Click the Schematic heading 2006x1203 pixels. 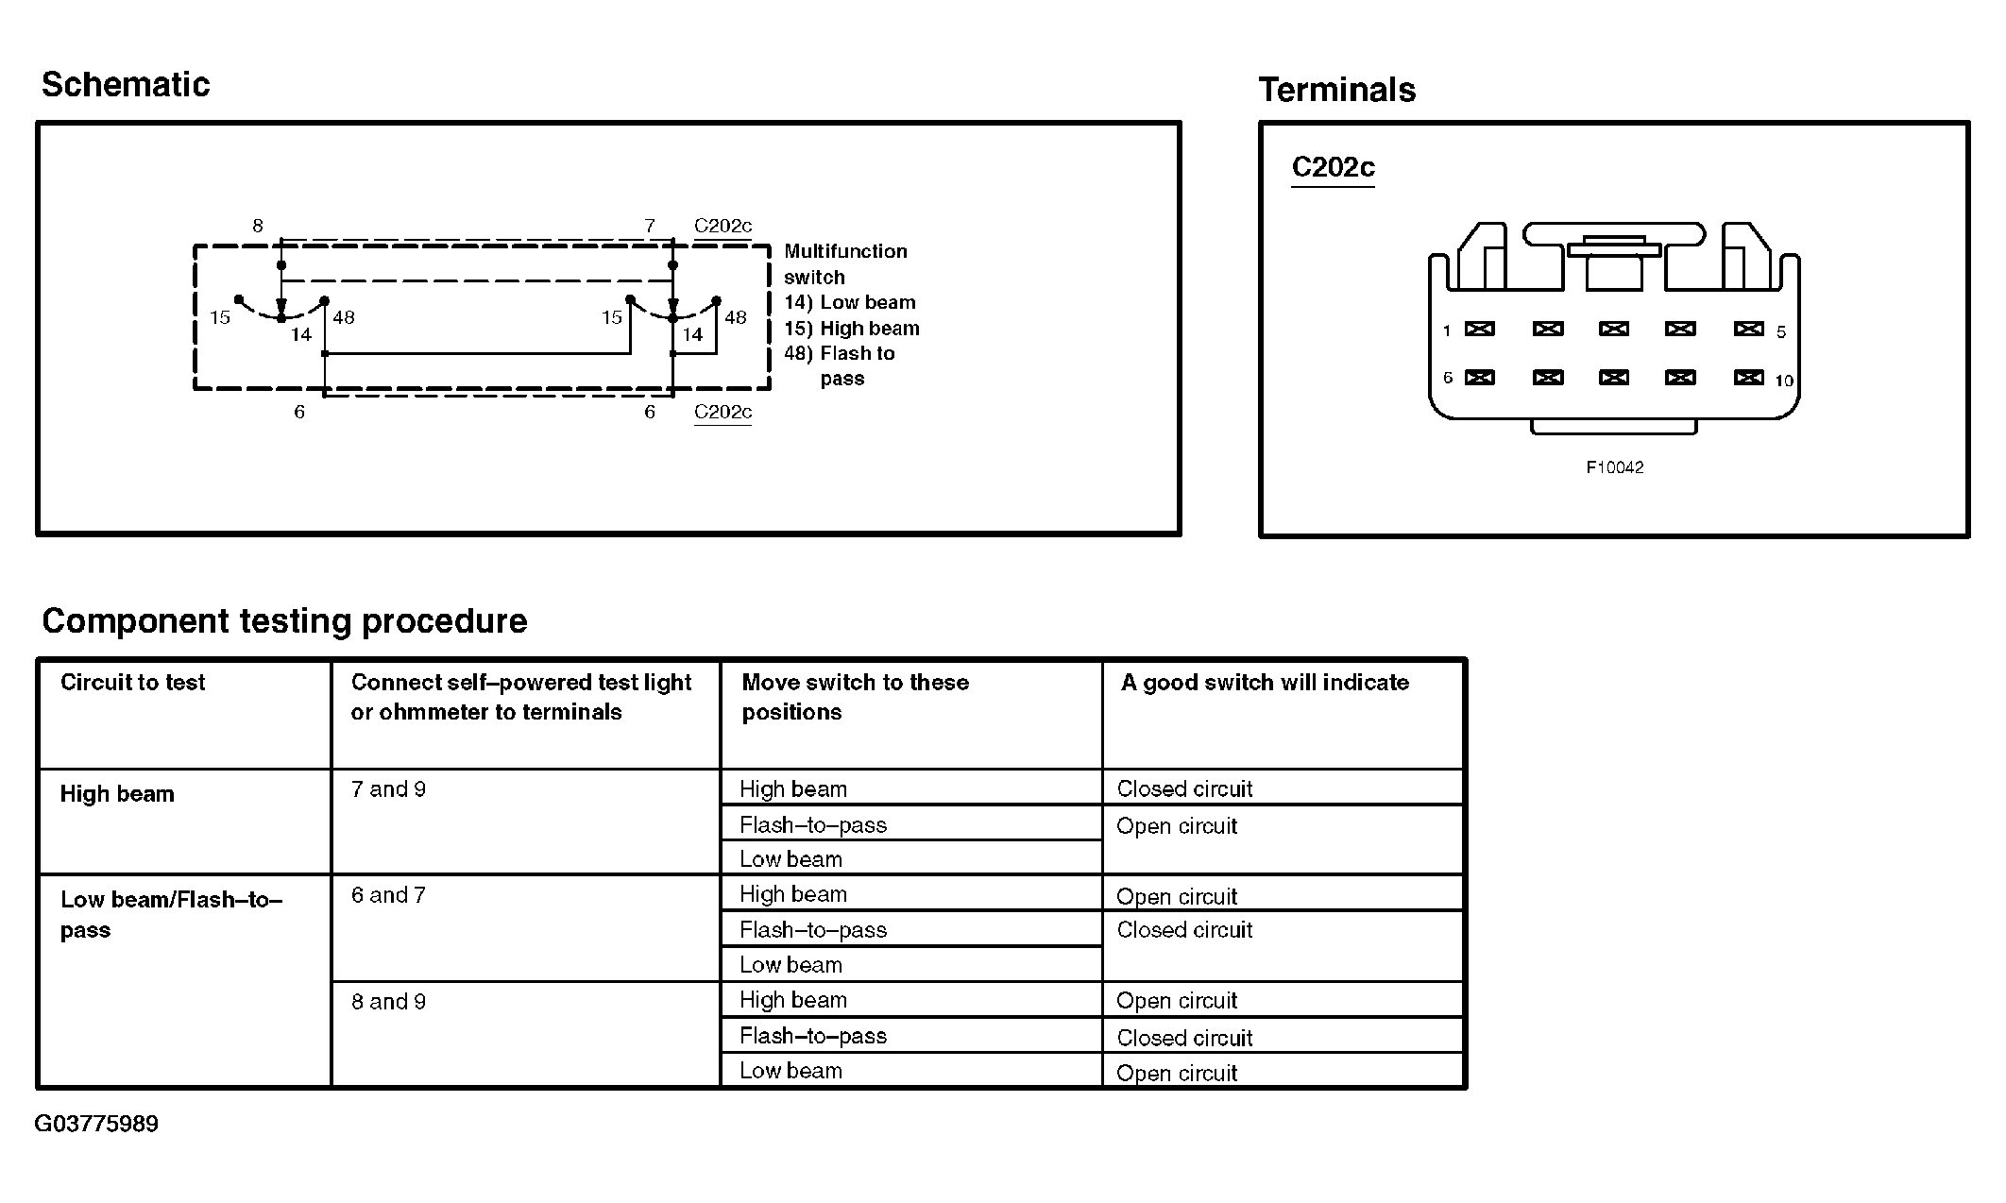[126, 85]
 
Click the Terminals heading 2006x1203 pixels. [1336, 91]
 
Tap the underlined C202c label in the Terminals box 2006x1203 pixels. [1333, 167]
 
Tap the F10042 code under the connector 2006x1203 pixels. [1614, 467]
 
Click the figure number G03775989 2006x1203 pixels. [96, 1124]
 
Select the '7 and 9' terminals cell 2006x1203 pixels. [388, 789]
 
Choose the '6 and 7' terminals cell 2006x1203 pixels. [388, 895]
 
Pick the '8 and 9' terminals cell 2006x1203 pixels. [388, 1001]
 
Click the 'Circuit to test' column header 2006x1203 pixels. [132, 683]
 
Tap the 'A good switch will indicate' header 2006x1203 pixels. [1265, 683]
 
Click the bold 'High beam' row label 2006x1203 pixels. [117, 794]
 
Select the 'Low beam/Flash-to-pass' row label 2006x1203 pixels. [170, 914]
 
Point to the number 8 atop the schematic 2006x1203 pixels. [257, 226]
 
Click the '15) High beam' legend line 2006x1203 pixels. [851, 329]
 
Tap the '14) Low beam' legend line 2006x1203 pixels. [849, 303]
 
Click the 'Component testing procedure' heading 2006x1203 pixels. [284, 621]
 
